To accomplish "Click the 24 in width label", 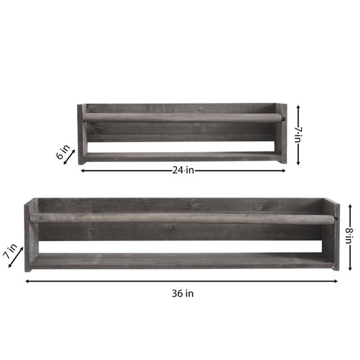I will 182,171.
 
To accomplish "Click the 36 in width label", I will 182,293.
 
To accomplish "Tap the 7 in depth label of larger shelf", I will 11,253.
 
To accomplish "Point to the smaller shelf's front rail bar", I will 181,118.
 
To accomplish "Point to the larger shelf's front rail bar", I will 181,219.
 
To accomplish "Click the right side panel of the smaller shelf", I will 282,133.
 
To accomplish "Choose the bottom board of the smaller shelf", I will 181,157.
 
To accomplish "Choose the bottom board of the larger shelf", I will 181,261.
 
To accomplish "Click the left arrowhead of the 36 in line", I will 27,282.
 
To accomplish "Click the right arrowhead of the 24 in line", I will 284,171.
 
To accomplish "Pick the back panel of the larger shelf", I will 181,205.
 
